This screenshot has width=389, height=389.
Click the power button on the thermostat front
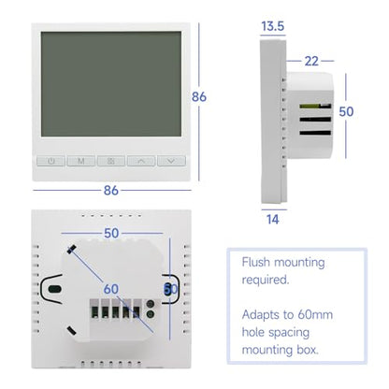[51, 161]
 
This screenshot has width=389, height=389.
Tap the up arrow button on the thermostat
[141, 161]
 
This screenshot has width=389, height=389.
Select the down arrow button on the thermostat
[171, 161]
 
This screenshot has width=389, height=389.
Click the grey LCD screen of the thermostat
[111, 84]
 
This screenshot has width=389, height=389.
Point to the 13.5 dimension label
[273, 26]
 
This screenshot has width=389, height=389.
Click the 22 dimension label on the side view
[311, 61]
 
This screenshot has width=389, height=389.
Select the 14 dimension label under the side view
[273, 220]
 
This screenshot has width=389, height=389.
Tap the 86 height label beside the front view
[199, 96]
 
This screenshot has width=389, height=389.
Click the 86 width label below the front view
[111, 190]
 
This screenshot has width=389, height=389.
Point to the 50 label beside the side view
[346, 111]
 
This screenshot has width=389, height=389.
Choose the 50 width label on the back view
[111, 233]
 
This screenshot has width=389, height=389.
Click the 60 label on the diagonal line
[111, 289]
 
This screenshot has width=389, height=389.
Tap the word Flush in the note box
[255, 262]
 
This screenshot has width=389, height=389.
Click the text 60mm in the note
[315, 314]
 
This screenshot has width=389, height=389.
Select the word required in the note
[266, 280]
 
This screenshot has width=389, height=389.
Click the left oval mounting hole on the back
[55, 289]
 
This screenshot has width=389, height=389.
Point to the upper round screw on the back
[151, 304]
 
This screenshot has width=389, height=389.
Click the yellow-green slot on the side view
[310, 106]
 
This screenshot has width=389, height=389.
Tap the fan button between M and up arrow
[111, 161]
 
